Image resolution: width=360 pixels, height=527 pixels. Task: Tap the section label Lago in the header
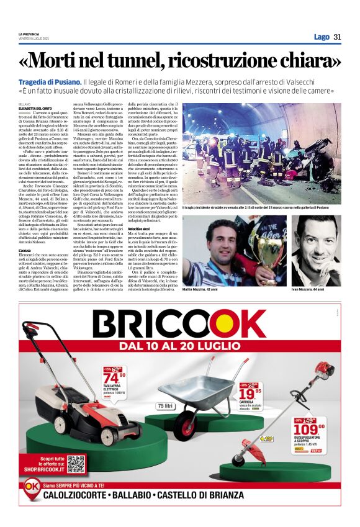[x=322, y=37]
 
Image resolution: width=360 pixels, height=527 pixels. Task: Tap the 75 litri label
[x=165, y=406]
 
